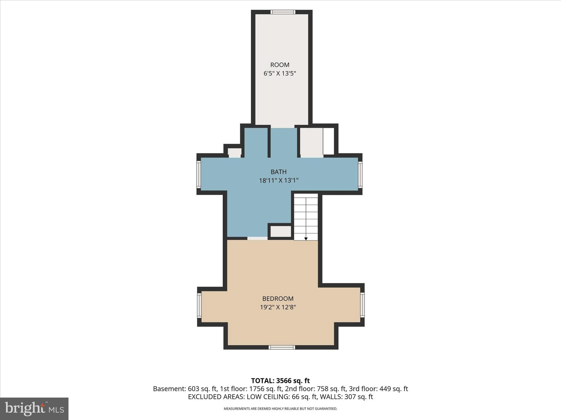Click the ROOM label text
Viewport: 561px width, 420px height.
[x=280, y=65]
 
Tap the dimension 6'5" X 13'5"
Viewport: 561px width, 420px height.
[x=280, y=74]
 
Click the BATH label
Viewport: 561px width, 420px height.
[x=279, y=172]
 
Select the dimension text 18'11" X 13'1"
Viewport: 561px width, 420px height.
[x=279, y=180]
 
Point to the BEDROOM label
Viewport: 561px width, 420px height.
[x=278, y=299]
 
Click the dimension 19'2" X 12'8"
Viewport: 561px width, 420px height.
[x=278, y=307]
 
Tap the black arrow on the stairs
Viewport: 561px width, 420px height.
[x=306, y=239]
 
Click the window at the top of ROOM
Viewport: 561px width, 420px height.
[x=283, y=12]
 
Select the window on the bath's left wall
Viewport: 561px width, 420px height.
[x=199, y=174]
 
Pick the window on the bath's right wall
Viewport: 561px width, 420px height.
[x=360, y=174]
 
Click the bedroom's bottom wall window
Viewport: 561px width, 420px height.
[x=282, y=347]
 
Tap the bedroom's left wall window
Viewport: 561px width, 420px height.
[x=199, y=305]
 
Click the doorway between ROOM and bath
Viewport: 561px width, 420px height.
[x=283, y=126]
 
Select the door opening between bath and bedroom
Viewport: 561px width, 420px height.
[x=257, y=238]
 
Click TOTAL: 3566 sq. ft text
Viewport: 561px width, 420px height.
[x=280, y=381]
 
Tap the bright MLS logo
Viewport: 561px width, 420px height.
[x=34, y=409]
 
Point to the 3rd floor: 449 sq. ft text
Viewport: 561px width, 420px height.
[x=378, y=389]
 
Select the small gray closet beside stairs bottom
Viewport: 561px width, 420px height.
[x=281, y=231]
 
